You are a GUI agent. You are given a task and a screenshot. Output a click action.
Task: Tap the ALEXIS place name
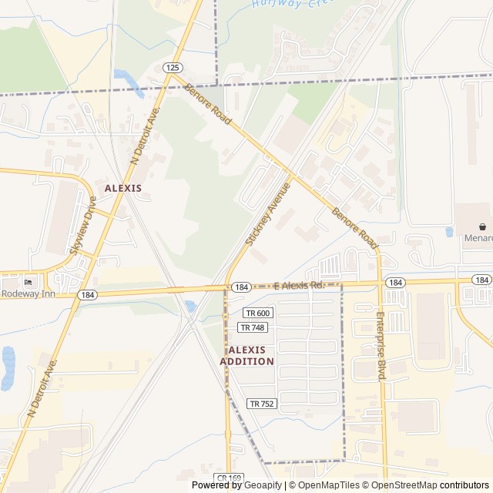click(123, 188)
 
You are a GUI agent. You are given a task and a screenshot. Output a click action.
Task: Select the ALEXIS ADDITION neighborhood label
click(246, 356)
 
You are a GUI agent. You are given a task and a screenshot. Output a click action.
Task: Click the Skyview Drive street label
click(83, 225)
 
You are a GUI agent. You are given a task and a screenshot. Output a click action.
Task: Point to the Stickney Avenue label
click(268, 213)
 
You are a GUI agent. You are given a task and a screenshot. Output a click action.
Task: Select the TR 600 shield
click(258, 313)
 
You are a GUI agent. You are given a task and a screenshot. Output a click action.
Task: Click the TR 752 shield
click(262, 404)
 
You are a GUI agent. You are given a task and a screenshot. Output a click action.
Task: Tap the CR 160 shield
click(229, 478)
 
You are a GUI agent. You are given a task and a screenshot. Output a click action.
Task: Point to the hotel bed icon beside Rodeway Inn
click(29, 281)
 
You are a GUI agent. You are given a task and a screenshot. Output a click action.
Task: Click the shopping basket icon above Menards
click(482, 226)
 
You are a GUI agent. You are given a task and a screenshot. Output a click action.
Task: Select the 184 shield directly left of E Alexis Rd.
click(241, 287)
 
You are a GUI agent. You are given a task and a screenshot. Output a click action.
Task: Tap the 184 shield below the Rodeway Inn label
click(86, 295)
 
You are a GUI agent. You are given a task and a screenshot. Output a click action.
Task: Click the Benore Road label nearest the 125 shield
click(208, 106)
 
